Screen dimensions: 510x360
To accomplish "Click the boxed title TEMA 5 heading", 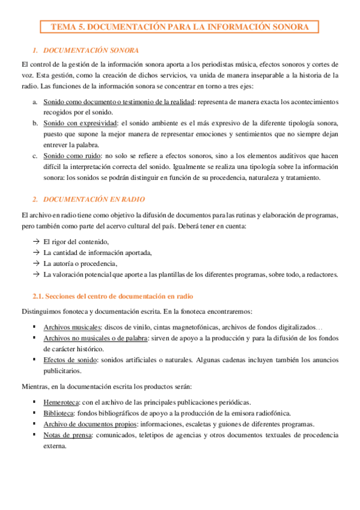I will [180, 27].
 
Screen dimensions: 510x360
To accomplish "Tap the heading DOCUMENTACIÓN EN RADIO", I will [94, 198].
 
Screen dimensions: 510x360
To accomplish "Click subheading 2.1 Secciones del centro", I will [112, 296].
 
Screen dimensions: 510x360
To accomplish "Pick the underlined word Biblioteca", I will [58, 413].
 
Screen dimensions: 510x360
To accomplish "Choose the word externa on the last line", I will [54, 446].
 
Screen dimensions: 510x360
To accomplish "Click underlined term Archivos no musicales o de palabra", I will [95, 338].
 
